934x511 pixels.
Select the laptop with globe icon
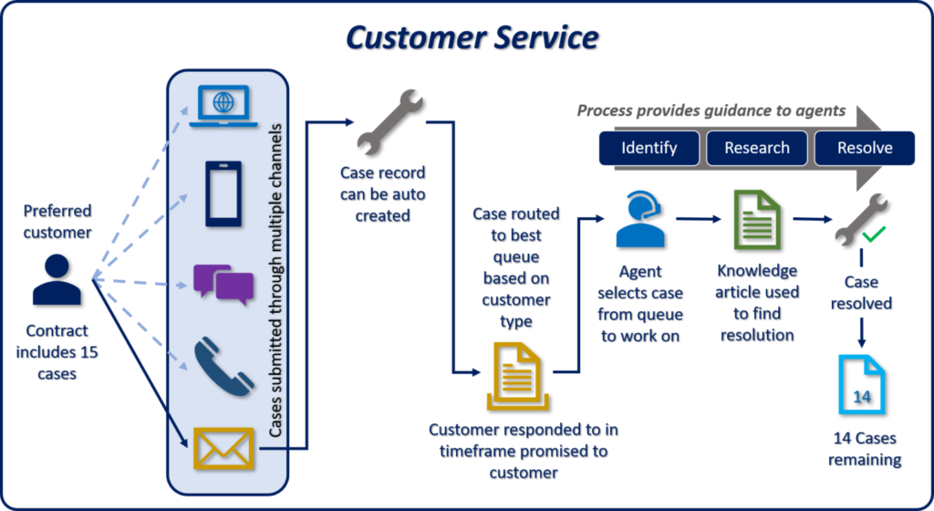coord(222,105)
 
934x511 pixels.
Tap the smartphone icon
coord(223,193)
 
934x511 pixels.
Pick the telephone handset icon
coord(222,366)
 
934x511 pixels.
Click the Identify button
coord(649,147)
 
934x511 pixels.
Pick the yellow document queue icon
coord(516,376)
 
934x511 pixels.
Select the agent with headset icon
coord(640,222)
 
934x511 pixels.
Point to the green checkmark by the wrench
coord(874,235)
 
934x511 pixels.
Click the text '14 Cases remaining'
coord(864,450)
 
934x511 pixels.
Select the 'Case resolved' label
coord(864,293)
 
